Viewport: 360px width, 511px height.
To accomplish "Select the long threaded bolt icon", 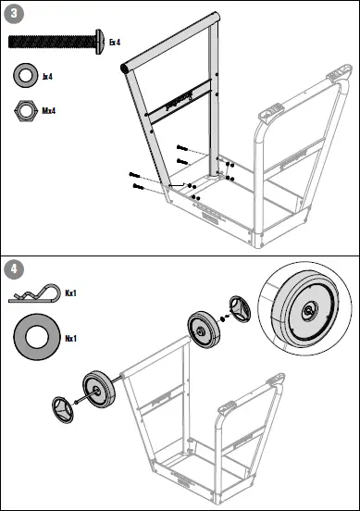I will click(x=54, y=41).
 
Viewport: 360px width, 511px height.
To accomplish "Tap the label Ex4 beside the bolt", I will click(x=116, y=42).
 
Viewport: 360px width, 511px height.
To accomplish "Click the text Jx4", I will click(x=47, y=76).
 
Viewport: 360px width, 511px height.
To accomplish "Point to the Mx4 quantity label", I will click(x=49, y=111).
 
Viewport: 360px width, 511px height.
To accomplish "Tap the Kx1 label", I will click(x=69, y=293).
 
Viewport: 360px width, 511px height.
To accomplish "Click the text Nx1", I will click(x=70, y=338).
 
